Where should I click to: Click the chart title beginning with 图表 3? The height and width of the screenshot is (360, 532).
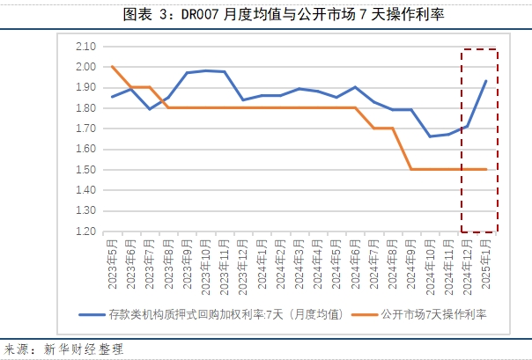[265, 12]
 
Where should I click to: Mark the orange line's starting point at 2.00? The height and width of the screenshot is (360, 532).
[113, 66]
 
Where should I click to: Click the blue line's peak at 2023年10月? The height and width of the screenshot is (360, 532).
[206, 70]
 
